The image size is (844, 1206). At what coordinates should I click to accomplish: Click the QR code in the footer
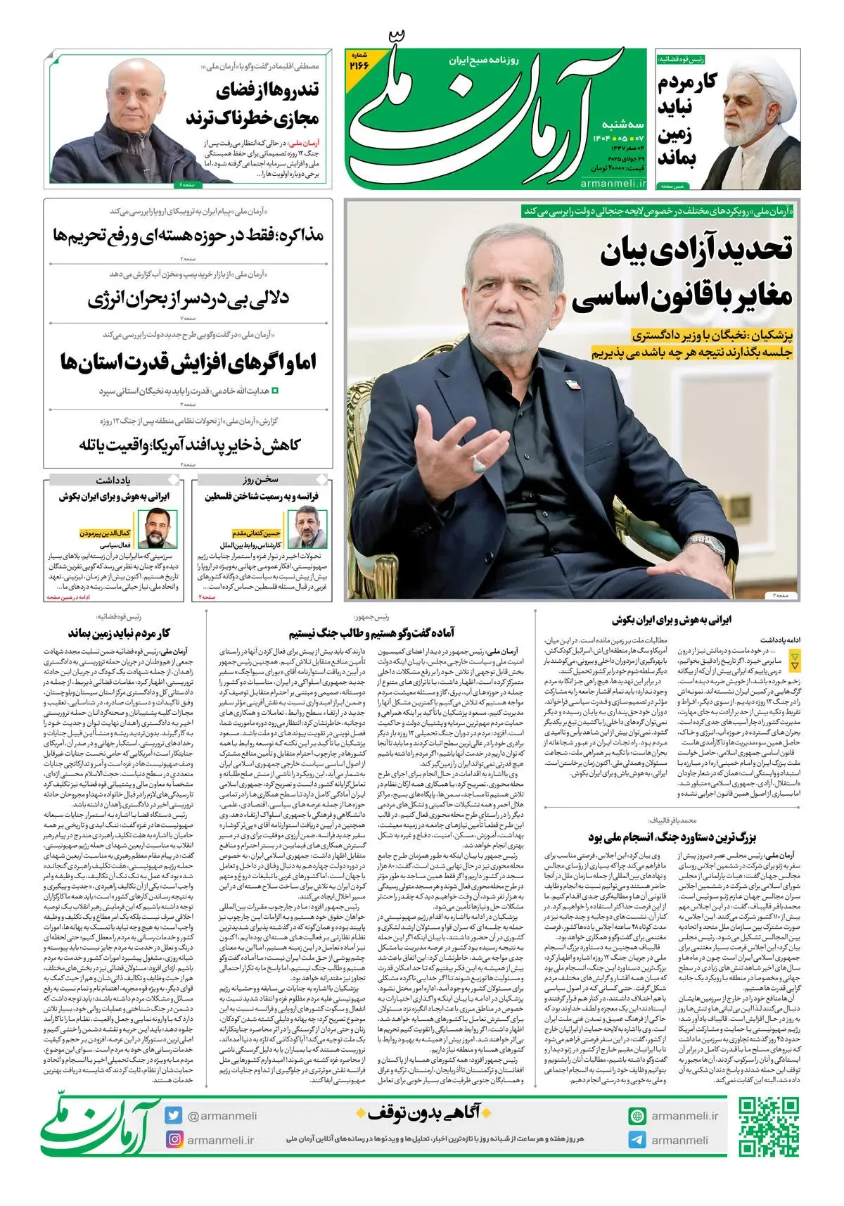click(x=769, y=1127)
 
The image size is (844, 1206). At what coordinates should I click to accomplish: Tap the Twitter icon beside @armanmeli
click(x=174, y=1116)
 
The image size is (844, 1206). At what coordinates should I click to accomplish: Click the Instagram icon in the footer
click(x=174, y=1139)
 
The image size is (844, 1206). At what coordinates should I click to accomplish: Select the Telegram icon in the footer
click(x=637, y=1140)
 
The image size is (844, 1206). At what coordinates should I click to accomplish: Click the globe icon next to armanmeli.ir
click(x=637, y=1116)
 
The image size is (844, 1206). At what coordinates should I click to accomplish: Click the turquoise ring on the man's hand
click(x=480, y=463)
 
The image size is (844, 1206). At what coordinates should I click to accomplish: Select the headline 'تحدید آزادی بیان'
click(x=696, y=250)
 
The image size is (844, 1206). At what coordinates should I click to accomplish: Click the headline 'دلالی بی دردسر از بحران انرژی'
click(x=188, y=299)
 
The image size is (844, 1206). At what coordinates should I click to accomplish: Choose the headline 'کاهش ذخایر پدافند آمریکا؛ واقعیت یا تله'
click(x=190, y=445)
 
